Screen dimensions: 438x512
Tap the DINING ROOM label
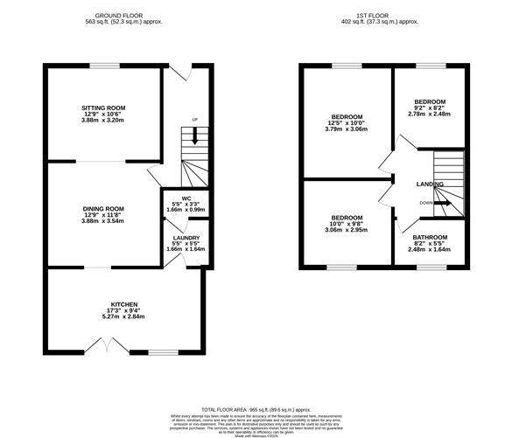[x=103, y=209]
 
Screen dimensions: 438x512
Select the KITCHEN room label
[x=124, y=304]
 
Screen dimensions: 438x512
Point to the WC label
[x=186, y=198]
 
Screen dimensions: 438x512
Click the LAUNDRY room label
[x=186, y=238]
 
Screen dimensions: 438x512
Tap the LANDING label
[x=430, y=184]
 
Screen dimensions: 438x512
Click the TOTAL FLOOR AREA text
[x=256, y=409]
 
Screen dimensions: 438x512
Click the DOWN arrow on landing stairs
[x=445, y=202]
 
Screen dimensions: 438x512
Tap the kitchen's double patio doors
[x=108, y=348]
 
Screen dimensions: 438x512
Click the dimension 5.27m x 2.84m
[x=124, y=316]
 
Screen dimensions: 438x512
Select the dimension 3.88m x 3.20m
[x=104, y=120]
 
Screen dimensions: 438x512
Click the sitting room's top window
[x=104, y=66]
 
